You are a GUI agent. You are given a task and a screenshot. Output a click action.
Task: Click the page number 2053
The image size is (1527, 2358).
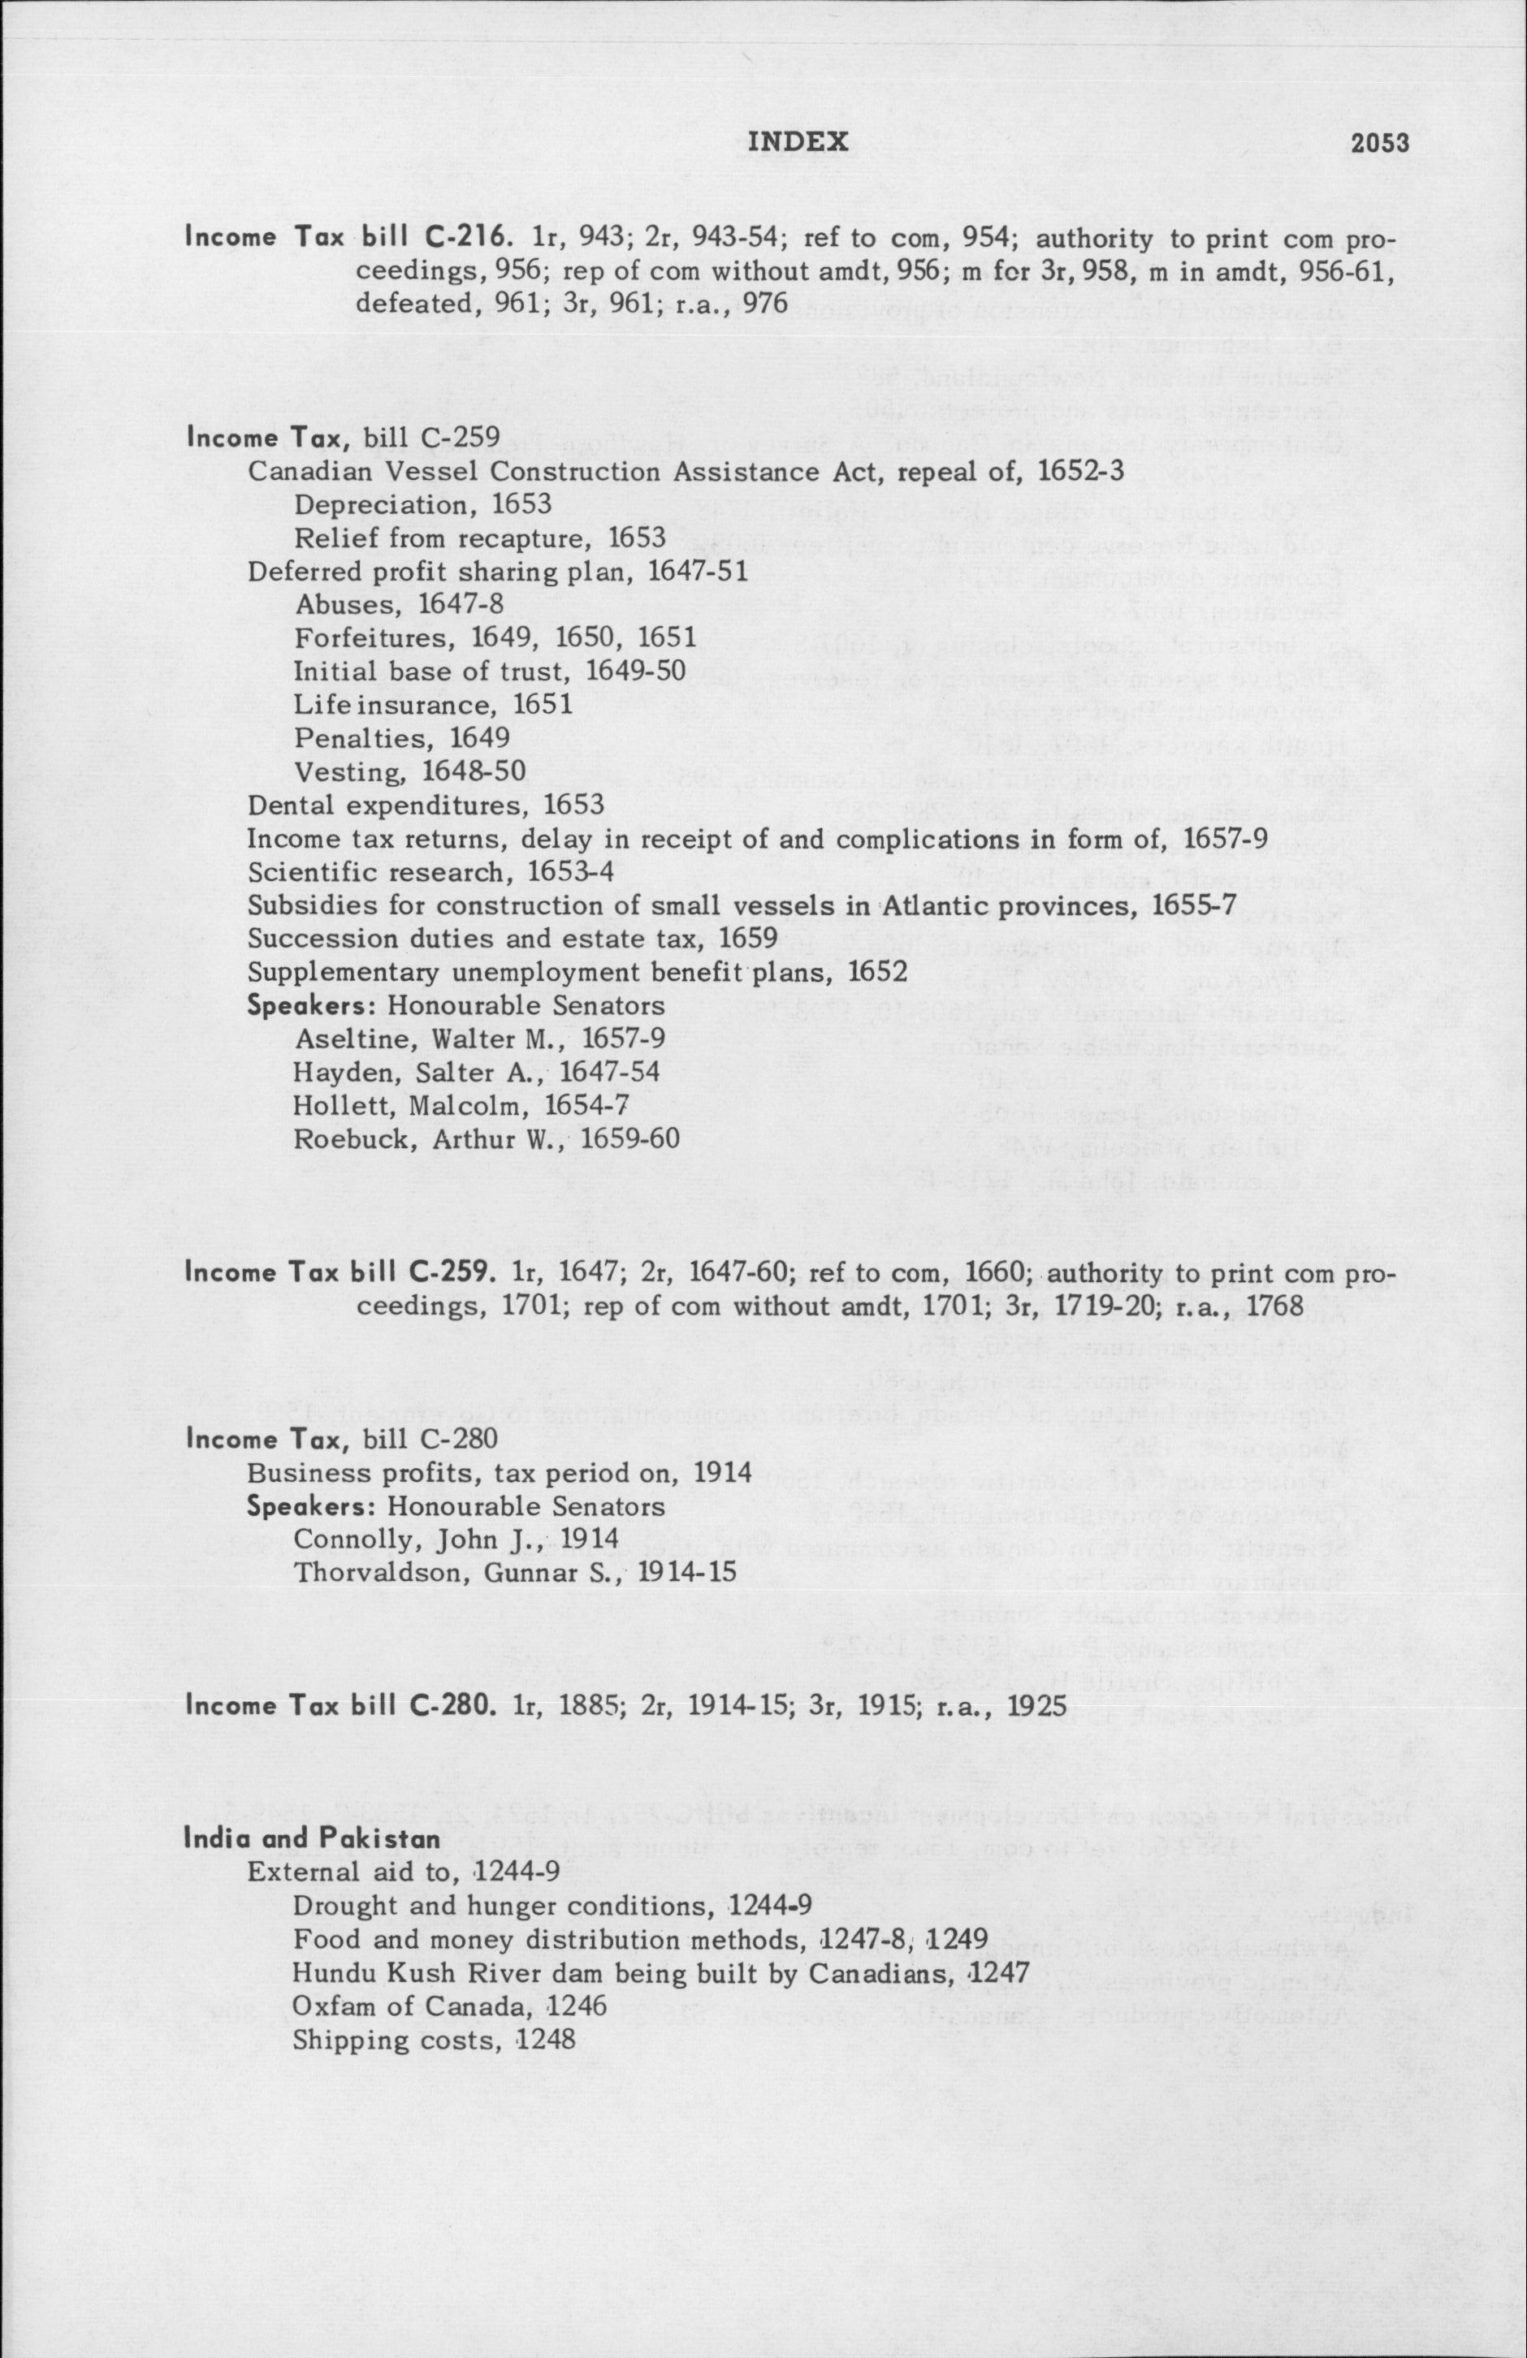(x=1379, y=144)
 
